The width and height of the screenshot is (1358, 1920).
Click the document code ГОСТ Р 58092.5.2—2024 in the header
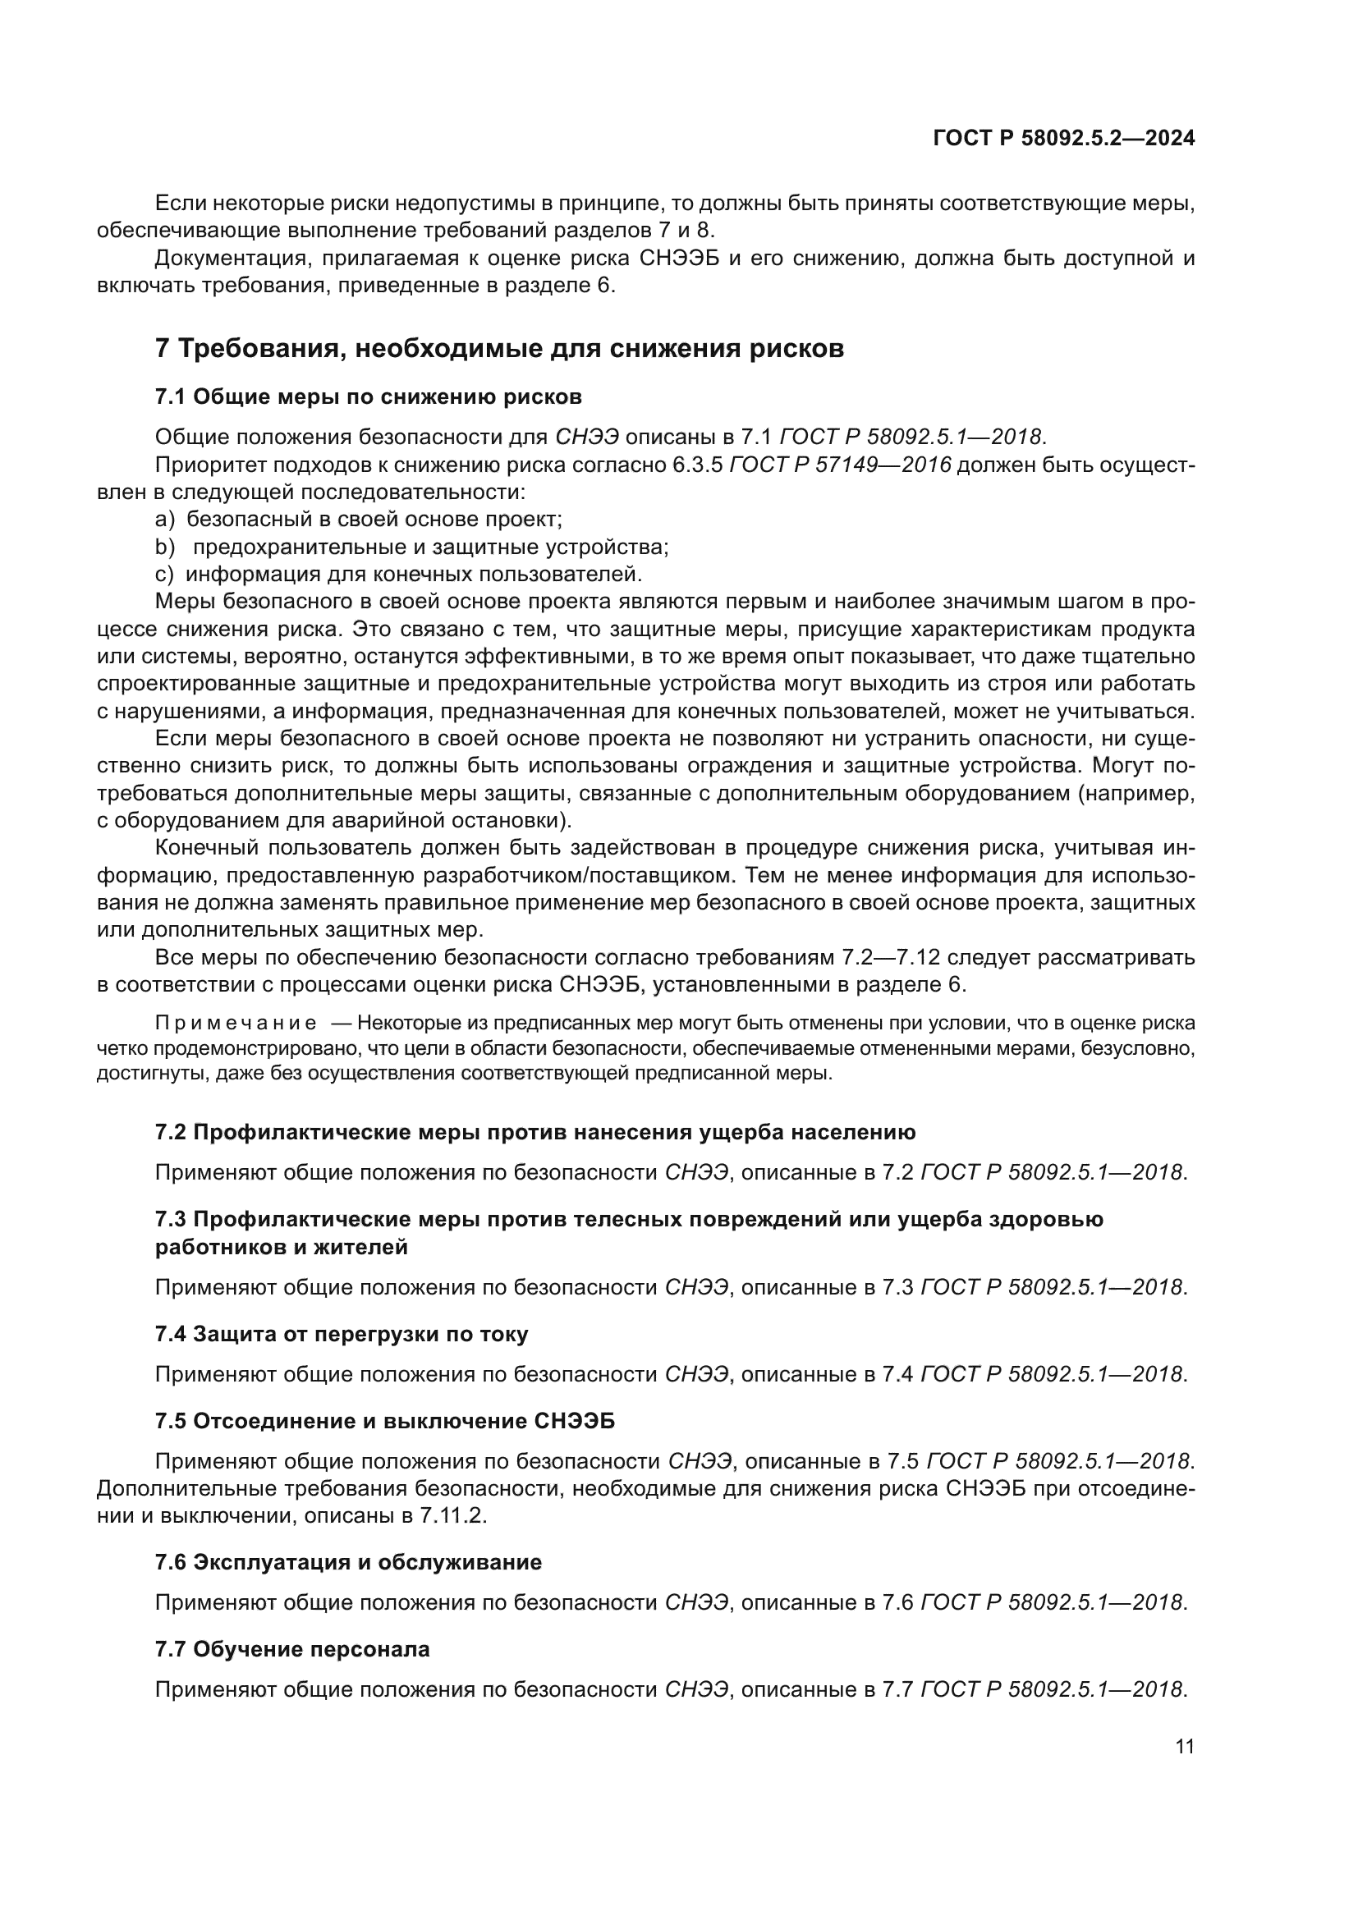tap(1062, 139)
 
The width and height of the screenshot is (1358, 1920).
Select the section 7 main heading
tap(499, 348)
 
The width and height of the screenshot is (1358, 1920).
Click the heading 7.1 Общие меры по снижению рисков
tap(368, 396)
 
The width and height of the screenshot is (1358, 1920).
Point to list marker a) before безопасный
tap(165, 520)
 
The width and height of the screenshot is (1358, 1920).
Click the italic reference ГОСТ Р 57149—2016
tap(841, 465)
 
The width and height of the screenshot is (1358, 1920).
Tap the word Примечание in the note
tap(236, 1023)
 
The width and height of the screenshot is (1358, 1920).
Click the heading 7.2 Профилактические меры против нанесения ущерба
tap(535, 1132)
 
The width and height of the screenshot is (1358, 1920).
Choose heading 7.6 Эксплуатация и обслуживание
tap(348, 1562)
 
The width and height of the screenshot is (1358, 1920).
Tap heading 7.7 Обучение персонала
tap(291, 1649)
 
